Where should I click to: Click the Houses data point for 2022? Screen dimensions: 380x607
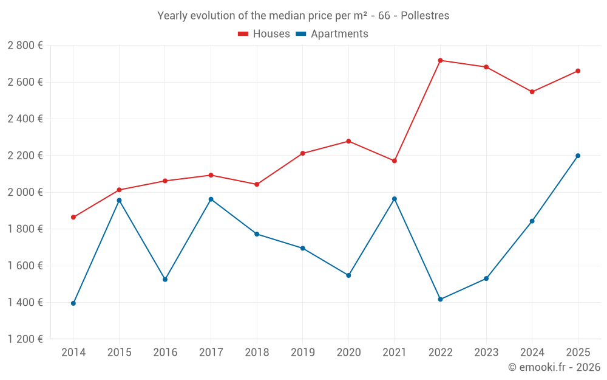440,60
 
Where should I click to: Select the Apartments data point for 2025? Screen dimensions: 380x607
578,156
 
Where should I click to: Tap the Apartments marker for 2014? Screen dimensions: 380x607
73,303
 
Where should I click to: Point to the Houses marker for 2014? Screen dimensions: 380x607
73,217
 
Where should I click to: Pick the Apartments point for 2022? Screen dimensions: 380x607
440,299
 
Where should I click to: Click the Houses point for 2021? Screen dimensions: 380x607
395,161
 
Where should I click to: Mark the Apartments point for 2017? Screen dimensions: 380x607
211,199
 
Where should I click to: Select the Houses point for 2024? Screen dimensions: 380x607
532,92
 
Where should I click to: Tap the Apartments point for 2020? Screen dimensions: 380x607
348,275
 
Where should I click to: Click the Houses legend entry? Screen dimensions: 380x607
264,34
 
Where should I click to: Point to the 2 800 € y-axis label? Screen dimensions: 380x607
25,46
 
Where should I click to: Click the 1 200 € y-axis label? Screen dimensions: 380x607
25,339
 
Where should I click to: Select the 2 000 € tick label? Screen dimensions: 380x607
25,192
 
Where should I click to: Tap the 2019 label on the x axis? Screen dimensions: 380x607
302,353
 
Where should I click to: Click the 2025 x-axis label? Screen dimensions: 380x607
578,353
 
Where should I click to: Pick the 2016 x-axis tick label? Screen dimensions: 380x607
165,353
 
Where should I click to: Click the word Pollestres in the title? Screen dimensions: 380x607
425,16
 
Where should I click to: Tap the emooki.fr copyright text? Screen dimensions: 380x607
554,367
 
